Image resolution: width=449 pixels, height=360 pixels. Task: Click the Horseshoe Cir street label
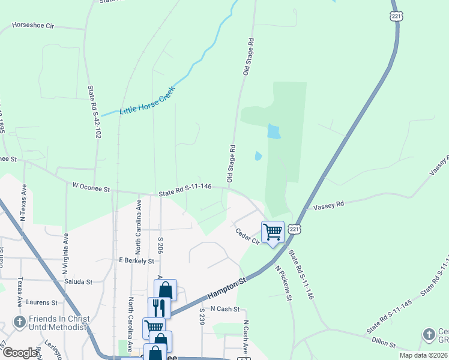point(41,26)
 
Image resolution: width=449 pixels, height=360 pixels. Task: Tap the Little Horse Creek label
point(146,101)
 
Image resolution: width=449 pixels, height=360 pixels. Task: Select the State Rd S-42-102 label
point(94,112)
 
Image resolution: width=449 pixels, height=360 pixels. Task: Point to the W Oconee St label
point(91,188)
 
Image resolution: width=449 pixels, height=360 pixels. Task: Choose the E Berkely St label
point(136,260)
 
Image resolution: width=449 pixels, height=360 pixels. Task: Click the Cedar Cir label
point(247,237)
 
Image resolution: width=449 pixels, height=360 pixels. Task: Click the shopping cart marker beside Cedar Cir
point(273,231)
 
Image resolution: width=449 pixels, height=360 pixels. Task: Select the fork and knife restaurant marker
point(159,307)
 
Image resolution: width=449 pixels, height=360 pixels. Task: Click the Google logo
point(21,353)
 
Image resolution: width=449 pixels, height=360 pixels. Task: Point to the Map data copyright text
point(423,355)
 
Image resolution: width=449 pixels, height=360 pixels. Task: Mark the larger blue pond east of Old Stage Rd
point(273,131)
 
